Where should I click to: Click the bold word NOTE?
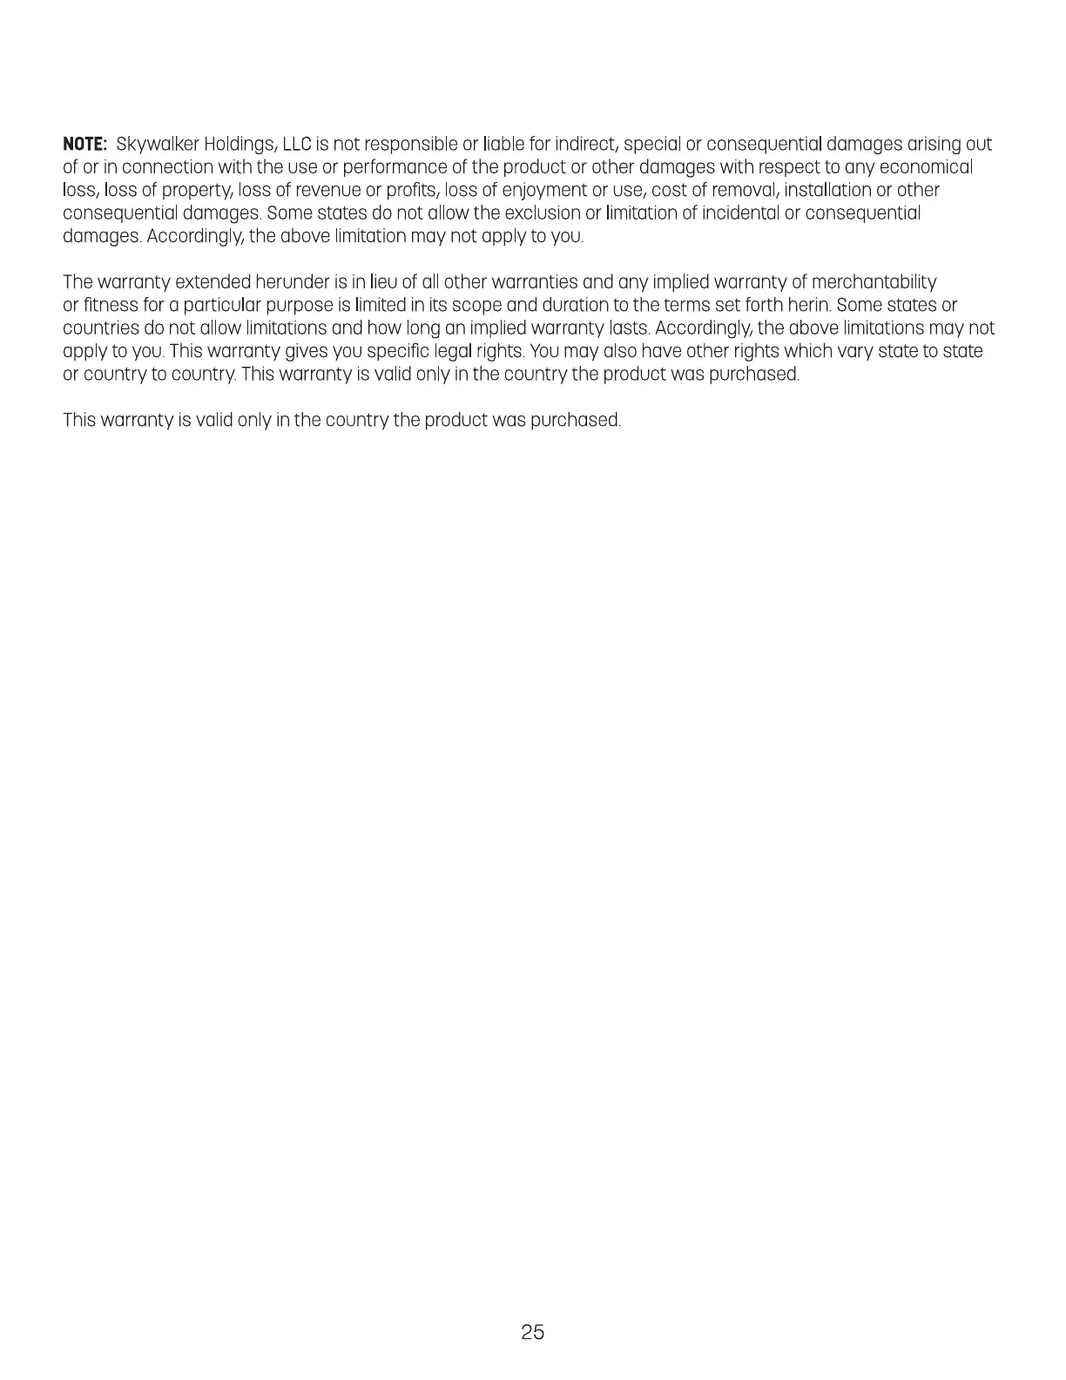(x=84, y=144)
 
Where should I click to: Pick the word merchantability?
(x=874, y=282)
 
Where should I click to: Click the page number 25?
(x=533, y=1332)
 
